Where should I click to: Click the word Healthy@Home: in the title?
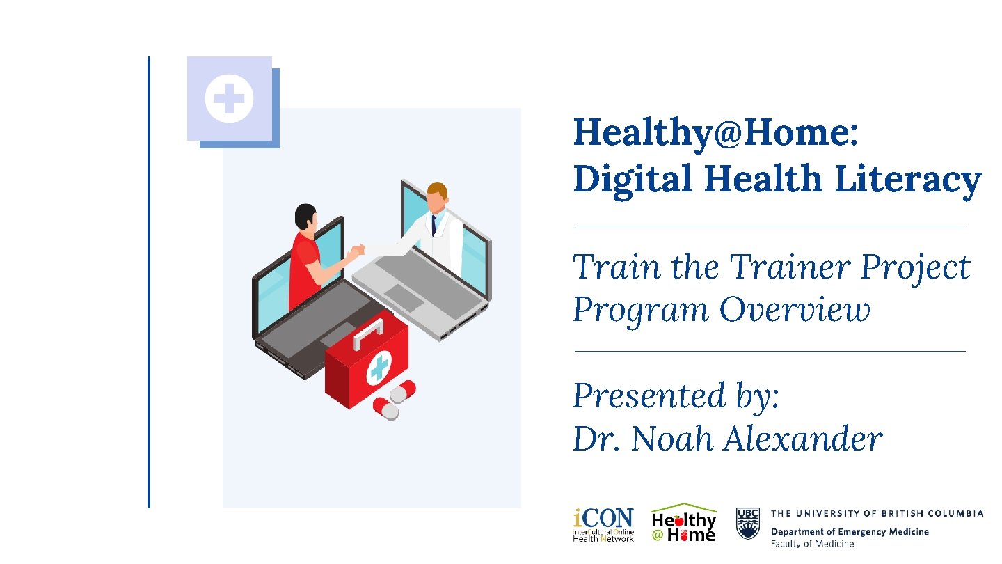(715, 132)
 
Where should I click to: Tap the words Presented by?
(676, 396)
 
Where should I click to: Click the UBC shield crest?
(747, 524)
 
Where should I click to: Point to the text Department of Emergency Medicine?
(849, 532)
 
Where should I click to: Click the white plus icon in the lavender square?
(229, 99)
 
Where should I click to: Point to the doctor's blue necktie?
(434, 225)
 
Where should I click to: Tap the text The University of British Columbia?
(877, 513)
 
